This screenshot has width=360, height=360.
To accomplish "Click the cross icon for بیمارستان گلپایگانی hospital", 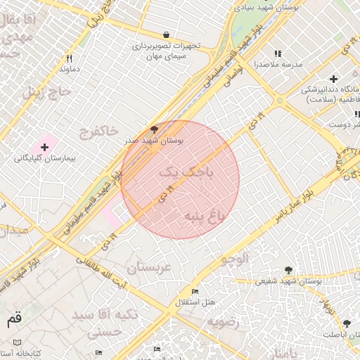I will click(x=45, y=147).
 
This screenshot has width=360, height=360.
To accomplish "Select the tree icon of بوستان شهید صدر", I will click(x=154, y=130).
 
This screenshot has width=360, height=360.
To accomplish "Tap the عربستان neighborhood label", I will click(x=149, y=267).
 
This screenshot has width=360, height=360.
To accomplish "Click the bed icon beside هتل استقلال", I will click(x=195, y=291).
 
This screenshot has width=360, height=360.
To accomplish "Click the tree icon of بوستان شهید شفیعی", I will click(x=288, y=269).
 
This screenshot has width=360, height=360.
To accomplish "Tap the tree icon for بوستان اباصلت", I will click(x=346, y=323).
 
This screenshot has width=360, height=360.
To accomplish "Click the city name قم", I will click(x=13, y=319).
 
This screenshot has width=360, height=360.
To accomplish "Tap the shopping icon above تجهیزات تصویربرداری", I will click(x=166, y=34).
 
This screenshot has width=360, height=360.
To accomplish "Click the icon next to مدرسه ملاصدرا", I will click(x=278, y=53).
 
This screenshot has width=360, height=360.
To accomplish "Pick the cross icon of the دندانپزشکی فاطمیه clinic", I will click(x=333, y=79).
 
